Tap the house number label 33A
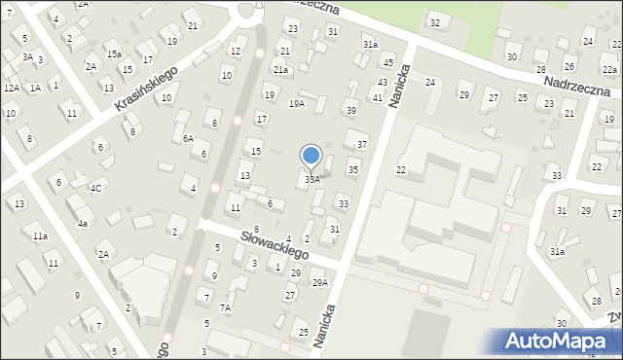312,180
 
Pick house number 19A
297,103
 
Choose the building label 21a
281,70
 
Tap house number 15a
114,54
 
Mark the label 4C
95,188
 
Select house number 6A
188,139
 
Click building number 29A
319,283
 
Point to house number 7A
225,308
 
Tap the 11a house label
40,236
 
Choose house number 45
388,63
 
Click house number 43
382,83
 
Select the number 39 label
351,111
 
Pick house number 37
361,145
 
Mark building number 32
434,22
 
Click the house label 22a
608,70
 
